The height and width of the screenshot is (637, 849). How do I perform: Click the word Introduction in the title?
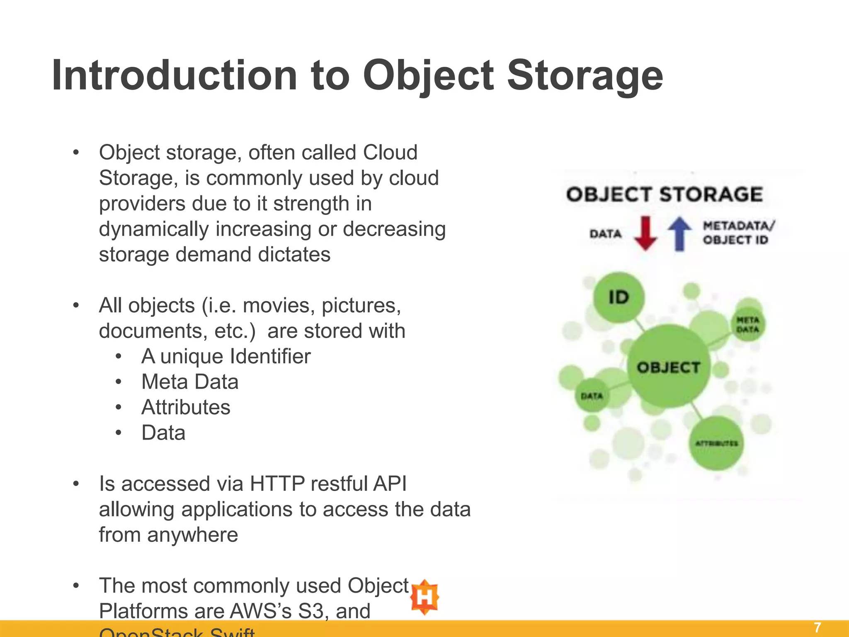[174, 75]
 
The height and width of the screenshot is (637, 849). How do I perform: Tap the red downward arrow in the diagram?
[645, 233]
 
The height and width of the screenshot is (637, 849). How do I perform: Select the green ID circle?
[619, 297]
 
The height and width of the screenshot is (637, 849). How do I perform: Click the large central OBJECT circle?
[668, 367]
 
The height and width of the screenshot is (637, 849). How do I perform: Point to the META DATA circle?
[748, 325]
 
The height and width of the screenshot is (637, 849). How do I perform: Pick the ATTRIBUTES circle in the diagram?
[716, 443]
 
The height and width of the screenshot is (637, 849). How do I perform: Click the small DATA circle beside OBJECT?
[592, 396]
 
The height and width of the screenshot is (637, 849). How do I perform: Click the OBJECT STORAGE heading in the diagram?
[665, 195]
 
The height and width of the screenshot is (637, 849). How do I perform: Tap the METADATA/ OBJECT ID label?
[737, 233]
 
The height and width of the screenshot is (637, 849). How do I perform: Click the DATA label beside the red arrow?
[605, 234]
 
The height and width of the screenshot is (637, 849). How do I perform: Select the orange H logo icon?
[424, 597]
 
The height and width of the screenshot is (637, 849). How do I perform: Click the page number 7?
[817, 627]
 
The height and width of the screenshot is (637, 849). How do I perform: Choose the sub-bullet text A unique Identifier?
[226, 356]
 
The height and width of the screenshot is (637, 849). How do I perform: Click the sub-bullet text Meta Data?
[190, 382]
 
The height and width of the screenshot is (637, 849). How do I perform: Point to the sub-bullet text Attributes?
[186, 407]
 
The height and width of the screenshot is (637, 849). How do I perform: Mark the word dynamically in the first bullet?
[153, 229]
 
